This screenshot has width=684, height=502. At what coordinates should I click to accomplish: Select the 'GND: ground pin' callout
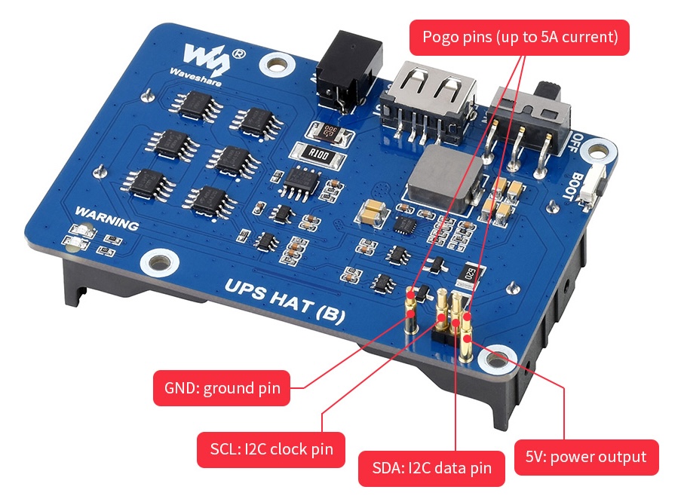pos(222,389)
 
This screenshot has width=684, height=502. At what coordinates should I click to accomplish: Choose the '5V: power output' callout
pos(585,457)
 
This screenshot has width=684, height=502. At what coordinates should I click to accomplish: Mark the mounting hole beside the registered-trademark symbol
pos(271,65)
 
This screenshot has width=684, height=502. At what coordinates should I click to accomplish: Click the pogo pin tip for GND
pos(410,296)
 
